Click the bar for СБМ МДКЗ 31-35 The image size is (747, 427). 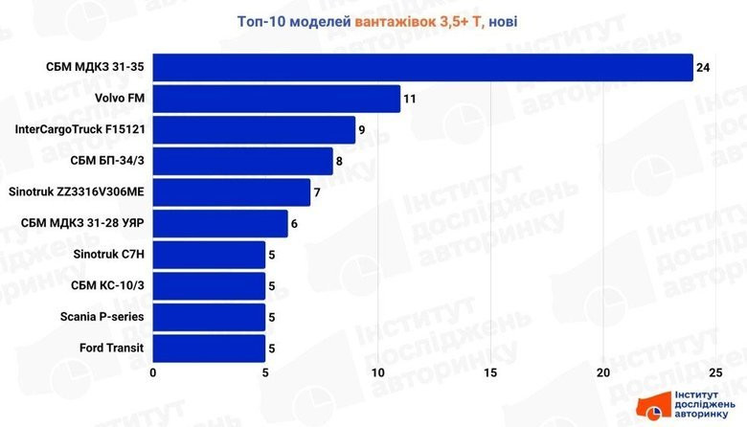(421, 68)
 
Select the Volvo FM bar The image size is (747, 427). (276, 99)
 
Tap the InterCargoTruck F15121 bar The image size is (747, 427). (254, 130)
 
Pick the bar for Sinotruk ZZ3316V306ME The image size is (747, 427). (231, 192)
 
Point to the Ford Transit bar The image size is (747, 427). (209, 348)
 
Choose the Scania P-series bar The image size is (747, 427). (209, 317)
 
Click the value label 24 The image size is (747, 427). (704, 68)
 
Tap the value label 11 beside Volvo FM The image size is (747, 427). (410, 99)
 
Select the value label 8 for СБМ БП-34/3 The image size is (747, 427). (340, 161)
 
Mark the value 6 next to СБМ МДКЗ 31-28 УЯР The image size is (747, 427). (295, 223)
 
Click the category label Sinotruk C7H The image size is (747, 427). (108, 255)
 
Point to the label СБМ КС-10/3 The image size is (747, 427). (108, 285)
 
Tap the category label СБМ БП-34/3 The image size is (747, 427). (107, 161)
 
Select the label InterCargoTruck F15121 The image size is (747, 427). (80, 130)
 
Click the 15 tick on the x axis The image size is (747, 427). (491, 372)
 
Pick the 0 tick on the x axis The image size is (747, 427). (153, 372)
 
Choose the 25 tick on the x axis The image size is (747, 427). (716, 372)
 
